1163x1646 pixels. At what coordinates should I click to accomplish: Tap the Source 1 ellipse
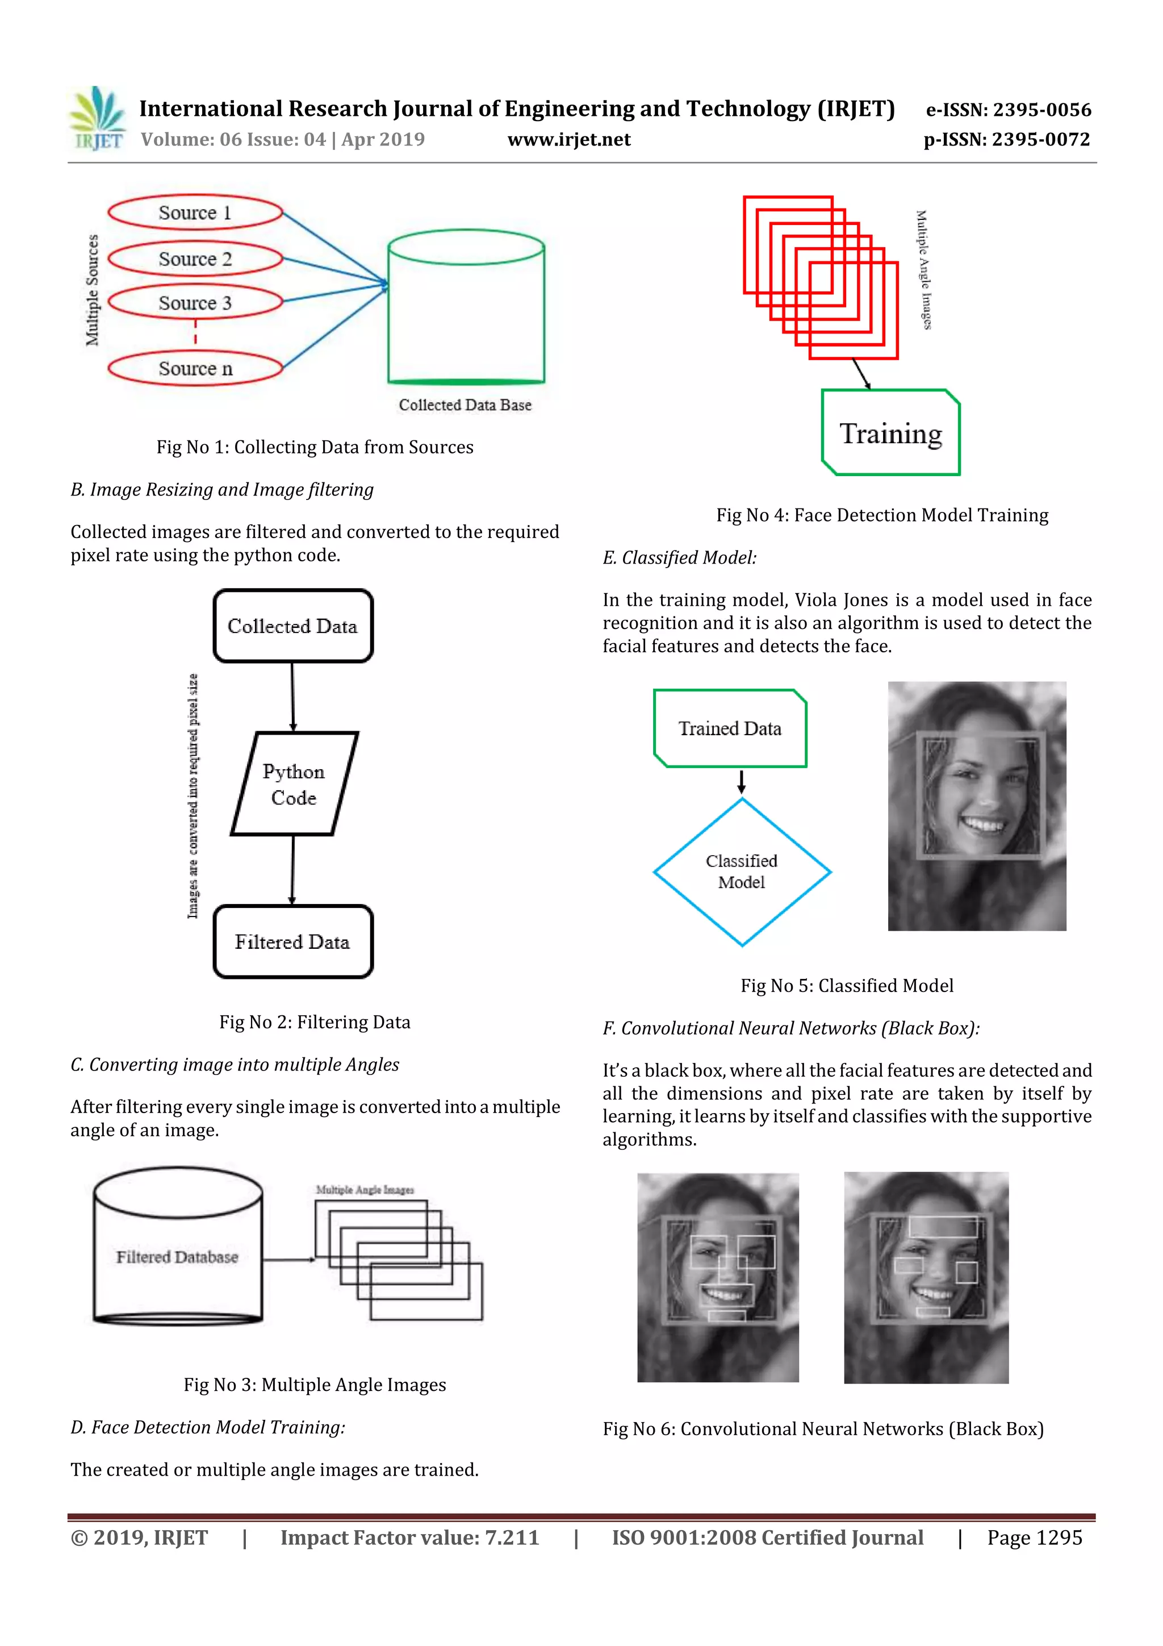(195, 212)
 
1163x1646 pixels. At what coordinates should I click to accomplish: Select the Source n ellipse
(195, 369)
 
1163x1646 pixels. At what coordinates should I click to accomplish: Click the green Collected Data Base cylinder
(466, 309)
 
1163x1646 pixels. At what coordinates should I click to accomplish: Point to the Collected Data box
(292, 626)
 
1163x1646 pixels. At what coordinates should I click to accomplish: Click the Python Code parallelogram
(294, 784)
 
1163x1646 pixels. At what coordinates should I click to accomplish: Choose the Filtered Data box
(292, 941)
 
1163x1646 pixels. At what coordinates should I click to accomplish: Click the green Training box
(890, 433)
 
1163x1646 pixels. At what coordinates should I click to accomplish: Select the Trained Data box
(730, 728)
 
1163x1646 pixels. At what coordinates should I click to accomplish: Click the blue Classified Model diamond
(742, 872)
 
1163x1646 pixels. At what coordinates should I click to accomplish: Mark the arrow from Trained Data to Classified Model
(742, 782)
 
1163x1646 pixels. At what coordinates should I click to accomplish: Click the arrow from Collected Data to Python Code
(292, 696)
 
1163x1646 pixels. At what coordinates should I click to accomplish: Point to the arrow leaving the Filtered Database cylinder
(288, 1260)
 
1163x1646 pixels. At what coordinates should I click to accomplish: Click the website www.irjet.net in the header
(569, 140)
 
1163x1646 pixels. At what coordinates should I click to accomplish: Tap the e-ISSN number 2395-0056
(1042, 110)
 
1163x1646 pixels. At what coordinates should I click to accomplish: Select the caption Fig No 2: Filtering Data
(315, 1022)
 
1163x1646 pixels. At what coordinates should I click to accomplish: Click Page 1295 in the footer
(1034, 1537)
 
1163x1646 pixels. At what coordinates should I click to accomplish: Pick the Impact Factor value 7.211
(512, 1537)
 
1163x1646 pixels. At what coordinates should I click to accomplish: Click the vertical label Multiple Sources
(93, 290)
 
